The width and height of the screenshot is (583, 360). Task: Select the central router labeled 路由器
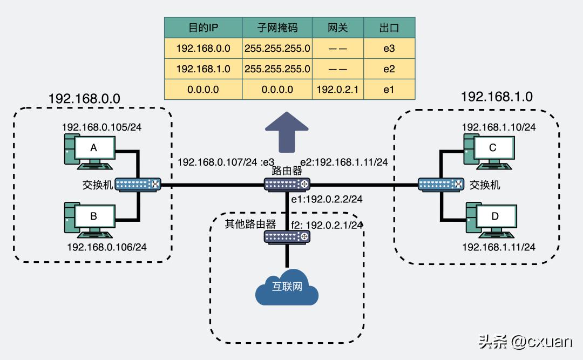[287, 185]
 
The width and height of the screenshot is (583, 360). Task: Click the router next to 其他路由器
[287, 236]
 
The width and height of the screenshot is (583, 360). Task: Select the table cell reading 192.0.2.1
[338, 90]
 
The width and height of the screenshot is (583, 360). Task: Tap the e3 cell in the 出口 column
[389, 49]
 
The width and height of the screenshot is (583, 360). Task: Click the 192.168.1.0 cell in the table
[203, 69]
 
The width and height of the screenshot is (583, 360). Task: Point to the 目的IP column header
[203, 28]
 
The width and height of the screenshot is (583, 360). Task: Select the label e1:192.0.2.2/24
[327, 199]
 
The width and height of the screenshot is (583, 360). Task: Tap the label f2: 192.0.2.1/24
[328, 223]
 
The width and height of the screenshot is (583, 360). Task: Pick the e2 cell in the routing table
[389, 69]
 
